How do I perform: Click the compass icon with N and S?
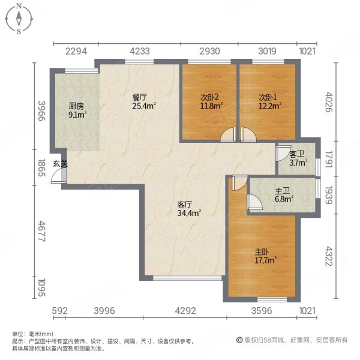(x=19, y=19)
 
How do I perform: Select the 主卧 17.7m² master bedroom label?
(x=265, y=256)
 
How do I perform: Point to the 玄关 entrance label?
(x=58, y=163)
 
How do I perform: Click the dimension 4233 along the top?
(x=139, y=52)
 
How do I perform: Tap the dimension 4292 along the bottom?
(x=185, y=310)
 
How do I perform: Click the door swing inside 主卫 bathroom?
(x=254, y=204)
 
